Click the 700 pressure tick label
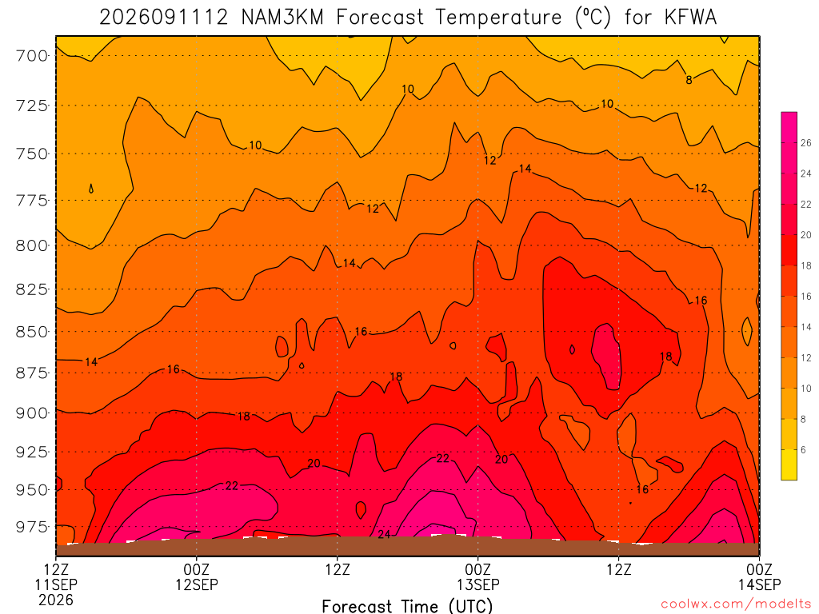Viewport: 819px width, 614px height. tap(32, 55)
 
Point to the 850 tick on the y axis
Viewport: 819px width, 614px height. tap(32, 332)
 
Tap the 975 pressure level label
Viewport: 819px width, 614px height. tap(32, 526)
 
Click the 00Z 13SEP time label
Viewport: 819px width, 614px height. tap(478, 576)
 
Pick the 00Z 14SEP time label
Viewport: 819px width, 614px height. tap(760, 576)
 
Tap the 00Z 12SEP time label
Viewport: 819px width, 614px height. tap(197, 576)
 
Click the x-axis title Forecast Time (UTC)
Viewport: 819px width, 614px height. tap(407, 606)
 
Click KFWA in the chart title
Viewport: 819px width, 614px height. tap(690, 18)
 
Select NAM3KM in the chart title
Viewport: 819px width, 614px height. tap(282, 18)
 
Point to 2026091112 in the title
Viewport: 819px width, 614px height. tap(164, 18)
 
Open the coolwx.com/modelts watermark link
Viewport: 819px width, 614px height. tap(736, 604)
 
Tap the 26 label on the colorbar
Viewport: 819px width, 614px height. tap(806, 143)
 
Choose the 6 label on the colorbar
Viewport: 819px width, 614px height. tap(803, 450)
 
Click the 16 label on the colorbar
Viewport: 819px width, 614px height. tap(806, 297)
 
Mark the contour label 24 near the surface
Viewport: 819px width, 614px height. tap(384, 534)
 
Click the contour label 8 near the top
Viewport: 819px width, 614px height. tap(689, 80)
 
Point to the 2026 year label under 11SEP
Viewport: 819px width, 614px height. tap(56, 600)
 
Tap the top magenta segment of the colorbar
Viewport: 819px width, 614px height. tap(789, 127)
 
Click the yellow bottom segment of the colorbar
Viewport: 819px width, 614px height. tap(789, 464)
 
